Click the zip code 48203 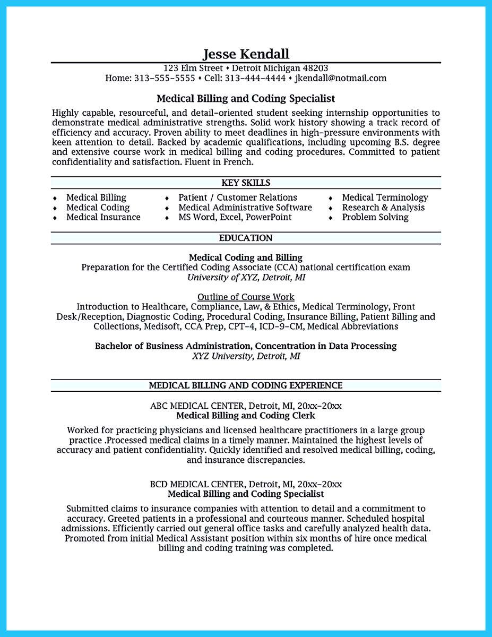click(315, 68)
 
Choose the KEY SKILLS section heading click(246, 183)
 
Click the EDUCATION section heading click(246, 238)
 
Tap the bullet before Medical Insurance click(55, 218)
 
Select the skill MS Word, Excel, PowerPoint click(235, 217)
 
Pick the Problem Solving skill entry click(375, 217)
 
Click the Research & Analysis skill click(383, 207)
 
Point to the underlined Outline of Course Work click(246, 297)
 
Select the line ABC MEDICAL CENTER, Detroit click(246, 406)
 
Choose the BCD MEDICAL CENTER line click(246, 484)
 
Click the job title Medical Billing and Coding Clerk click(246, 415)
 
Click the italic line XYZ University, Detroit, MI click(246, 356)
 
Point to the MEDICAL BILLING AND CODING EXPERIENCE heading click(246, 385)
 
